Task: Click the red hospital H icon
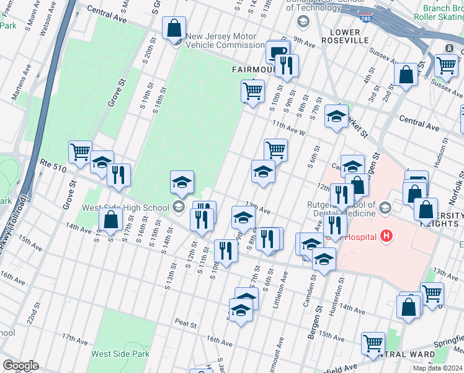click(x=387, y=236)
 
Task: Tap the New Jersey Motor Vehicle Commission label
click(x=226, y=40)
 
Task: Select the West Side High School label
click(x=126, y=208)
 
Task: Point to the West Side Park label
click(x=120, y=354)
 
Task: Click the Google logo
click(x=20, y=366)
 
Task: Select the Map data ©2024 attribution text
click(x=437, y=368)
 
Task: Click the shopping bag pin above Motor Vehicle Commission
click(x=174, y=28)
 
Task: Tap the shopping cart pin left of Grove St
click(x=80, y=152)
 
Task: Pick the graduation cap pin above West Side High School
click(x=182, y=182)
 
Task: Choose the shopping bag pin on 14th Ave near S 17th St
click(x=110, y=219)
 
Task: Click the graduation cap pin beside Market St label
click(x=336, y=116)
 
